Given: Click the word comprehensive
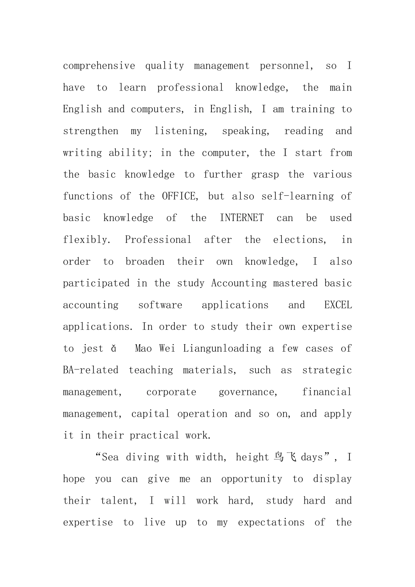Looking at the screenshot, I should (99, 66).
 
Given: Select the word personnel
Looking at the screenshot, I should (286, 66).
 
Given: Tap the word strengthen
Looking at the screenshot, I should (90, 131).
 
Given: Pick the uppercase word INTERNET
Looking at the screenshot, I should (242, 218).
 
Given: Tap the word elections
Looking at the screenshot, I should (300, 240).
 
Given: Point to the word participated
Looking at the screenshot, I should (96, 283).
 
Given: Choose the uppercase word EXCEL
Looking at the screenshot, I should (338, 305).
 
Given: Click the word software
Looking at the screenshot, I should (160, 305).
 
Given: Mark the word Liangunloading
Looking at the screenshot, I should (222, 349).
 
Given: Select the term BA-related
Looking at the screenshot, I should (90, 370).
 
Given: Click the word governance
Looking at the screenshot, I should (248, 392).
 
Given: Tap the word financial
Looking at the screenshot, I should (327, 392).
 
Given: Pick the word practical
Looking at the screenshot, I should (154, 435).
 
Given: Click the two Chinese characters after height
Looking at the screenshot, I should (285, 457).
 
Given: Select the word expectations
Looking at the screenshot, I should (271, 523).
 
